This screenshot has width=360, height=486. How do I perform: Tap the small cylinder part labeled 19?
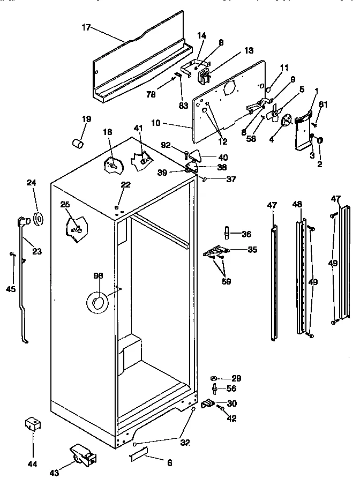[78, 144]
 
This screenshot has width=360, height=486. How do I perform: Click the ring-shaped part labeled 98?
[97, 303]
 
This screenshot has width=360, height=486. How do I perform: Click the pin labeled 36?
[227, 234]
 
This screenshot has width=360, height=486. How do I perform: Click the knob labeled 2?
[320, 140]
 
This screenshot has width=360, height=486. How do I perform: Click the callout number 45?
[11, 289]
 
